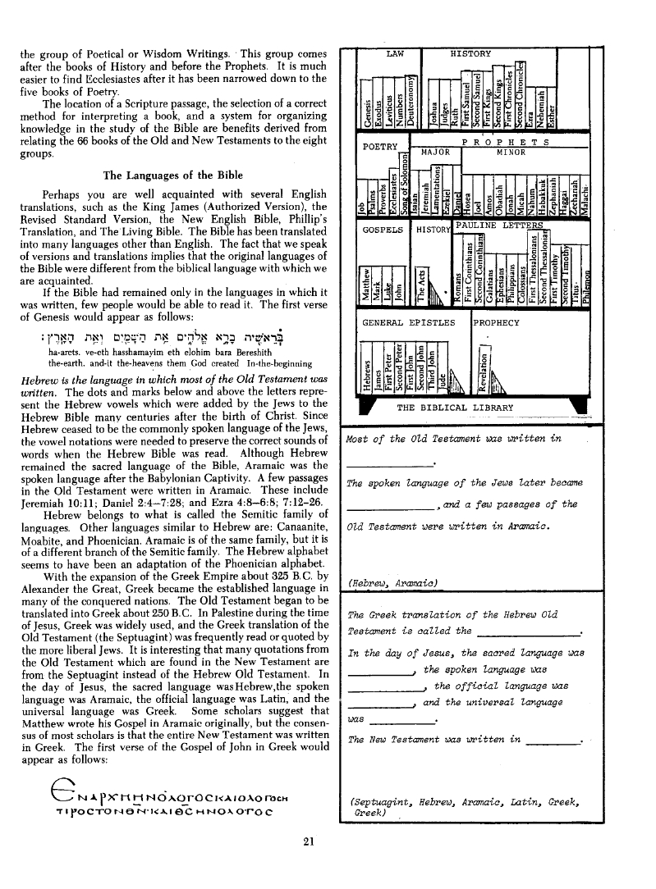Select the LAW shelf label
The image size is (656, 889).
point(395,53)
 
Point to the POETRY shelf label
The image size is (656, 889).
point(379,147)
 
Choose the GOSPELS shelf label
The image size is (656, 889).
point(383,230)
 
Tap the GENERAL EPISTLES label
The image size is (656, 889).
point(408,322)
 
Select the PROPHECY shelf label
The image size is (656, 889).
point(497,322)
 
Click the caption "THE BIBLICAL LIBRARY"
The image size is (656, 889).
point(455,408)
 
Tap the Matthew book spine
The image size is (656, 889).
point(368,287)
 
